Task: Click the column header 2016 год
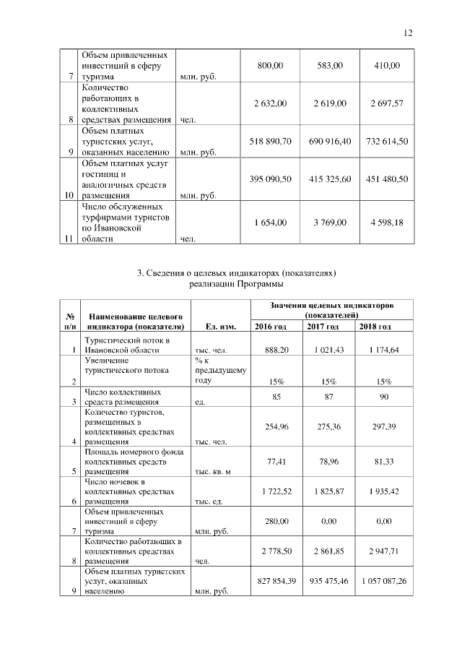click(x=271, y=327)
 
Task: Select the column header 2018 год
click(x=375, y=327)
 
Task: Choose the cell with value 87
click(x=330, y=397)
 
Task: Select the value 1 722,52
click(x=271, y=491)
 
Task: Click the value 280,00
click(x=271, y=520)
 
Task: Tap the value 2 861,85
click(x=330, y=551)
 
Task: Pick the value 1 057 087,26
click(x=385, y=581)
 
